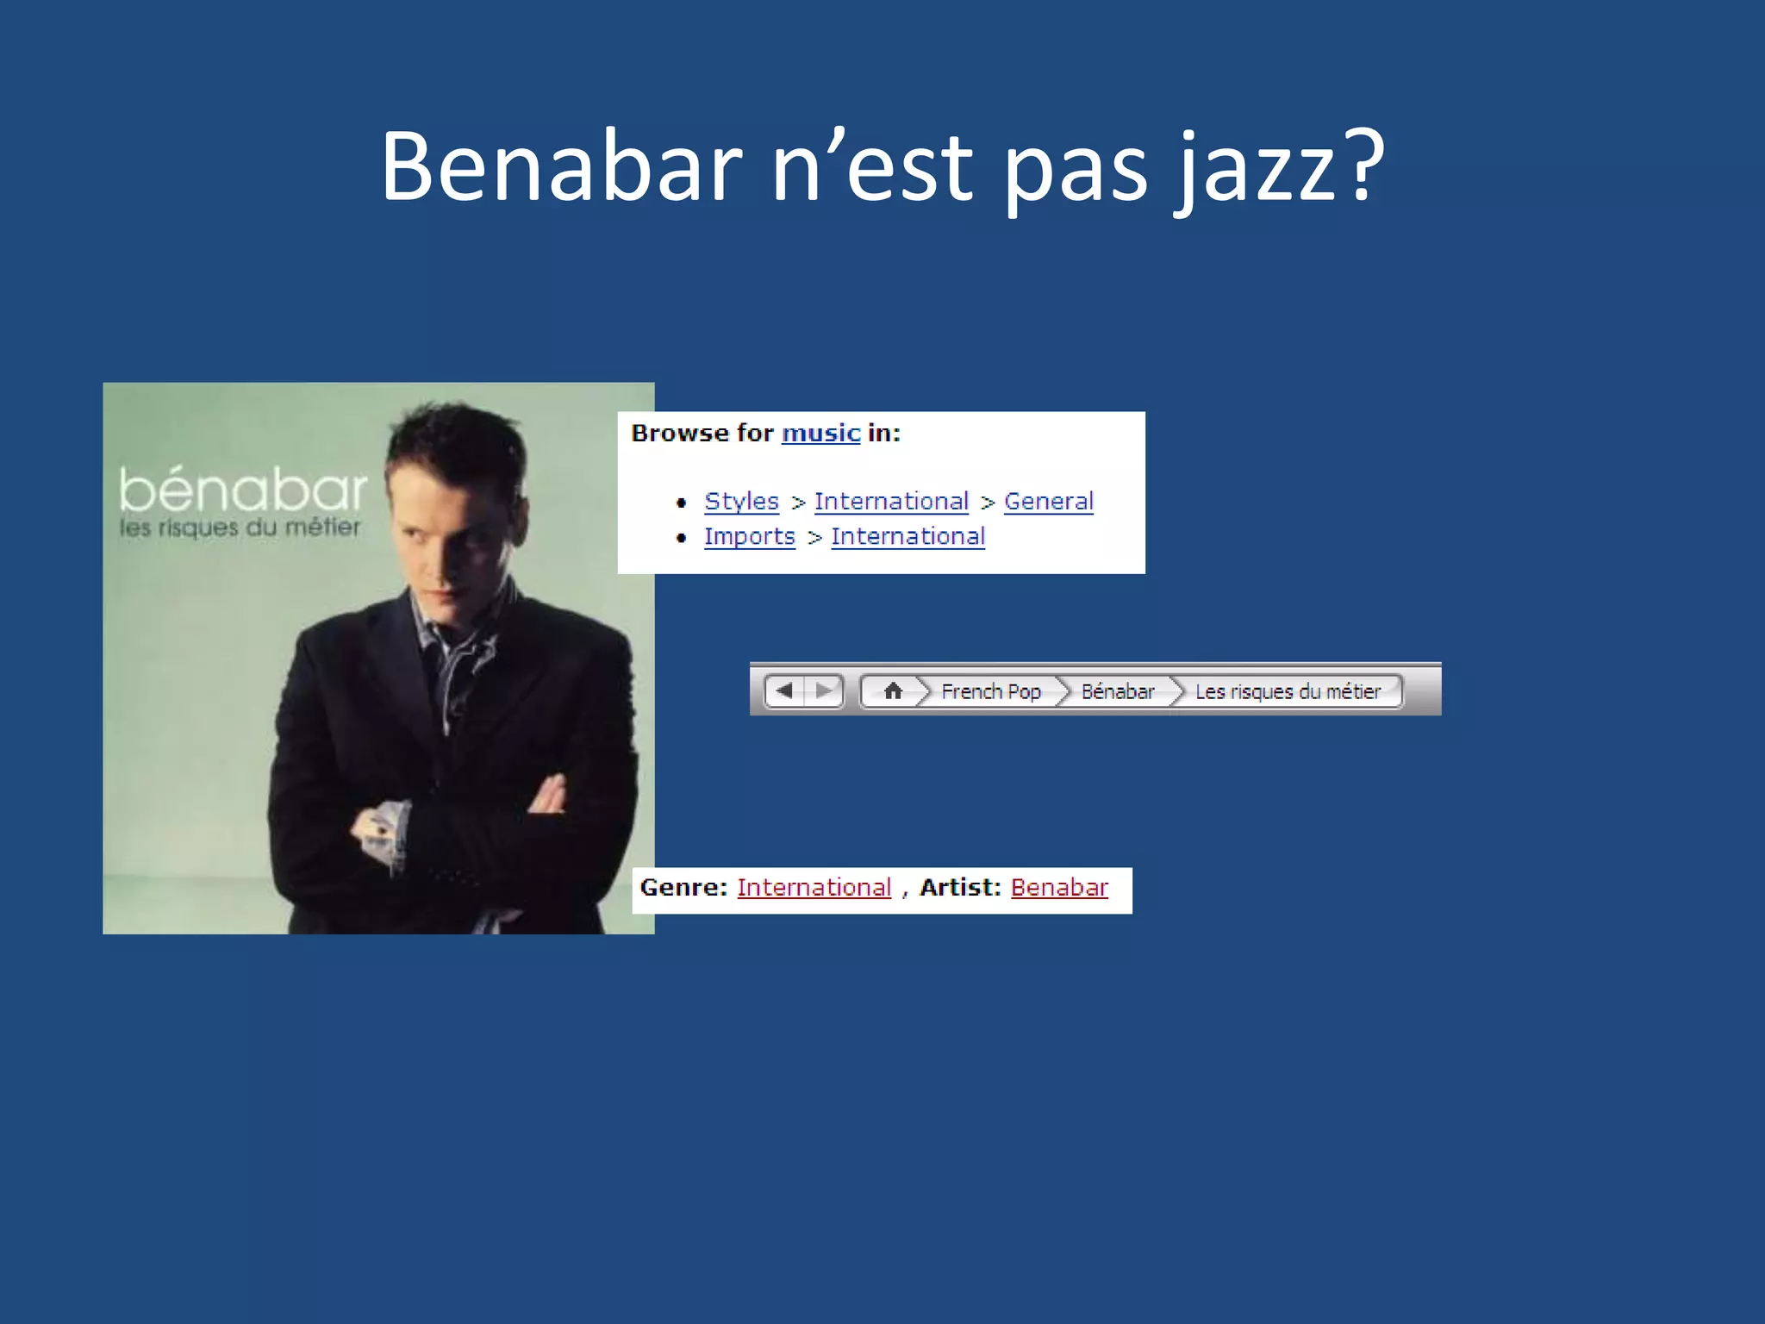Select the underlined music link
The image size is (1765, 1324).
tap(820, 433)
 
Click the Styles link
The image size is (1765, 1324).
tap(741, 501)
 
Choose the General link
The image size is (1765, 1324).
tap(1048, 501)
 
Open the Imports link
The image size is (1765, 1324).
tap(749, 536)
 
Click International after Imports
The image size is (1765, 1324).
tap(907, 536)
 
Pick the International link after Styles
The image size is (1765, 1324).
tap(891, 501)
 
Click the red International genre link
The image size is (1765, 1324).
tap(814, 887)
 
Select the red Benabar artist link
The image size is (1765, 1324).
tap(1059, 887)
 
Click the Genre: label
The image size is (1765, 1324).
tap(683, 887)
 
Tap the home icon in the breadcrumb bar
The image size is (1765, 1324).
tap(893, 690)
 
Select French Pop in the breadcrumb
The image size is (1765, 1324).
tap(990, 691)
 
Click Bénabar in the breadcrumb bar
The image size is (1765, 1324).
tap(1117, 691)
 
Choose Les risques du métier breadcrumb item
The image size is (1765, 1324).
tap(1287, 691)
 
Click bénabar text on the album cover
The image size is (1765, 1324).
tap(243, 490)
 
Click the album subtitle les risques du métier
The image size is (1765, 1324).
tap(240, 528)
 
